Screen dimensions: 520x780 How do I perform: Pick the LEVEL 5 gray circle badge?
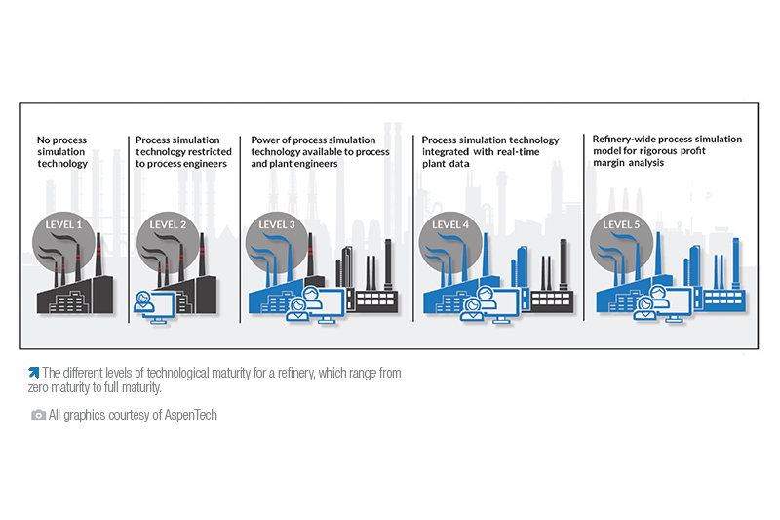coord(622,229)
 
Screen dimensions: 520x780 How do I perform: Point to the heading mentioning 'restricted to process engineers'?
coord(181,151)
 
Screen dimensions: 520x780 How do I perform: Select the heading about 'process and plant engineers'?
coord(320,151)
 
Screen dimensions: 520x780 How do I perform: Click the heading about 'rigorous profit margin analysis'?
coord(666,151)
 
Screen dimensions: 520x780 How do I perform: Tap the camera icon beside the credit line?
coord(38,415)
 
